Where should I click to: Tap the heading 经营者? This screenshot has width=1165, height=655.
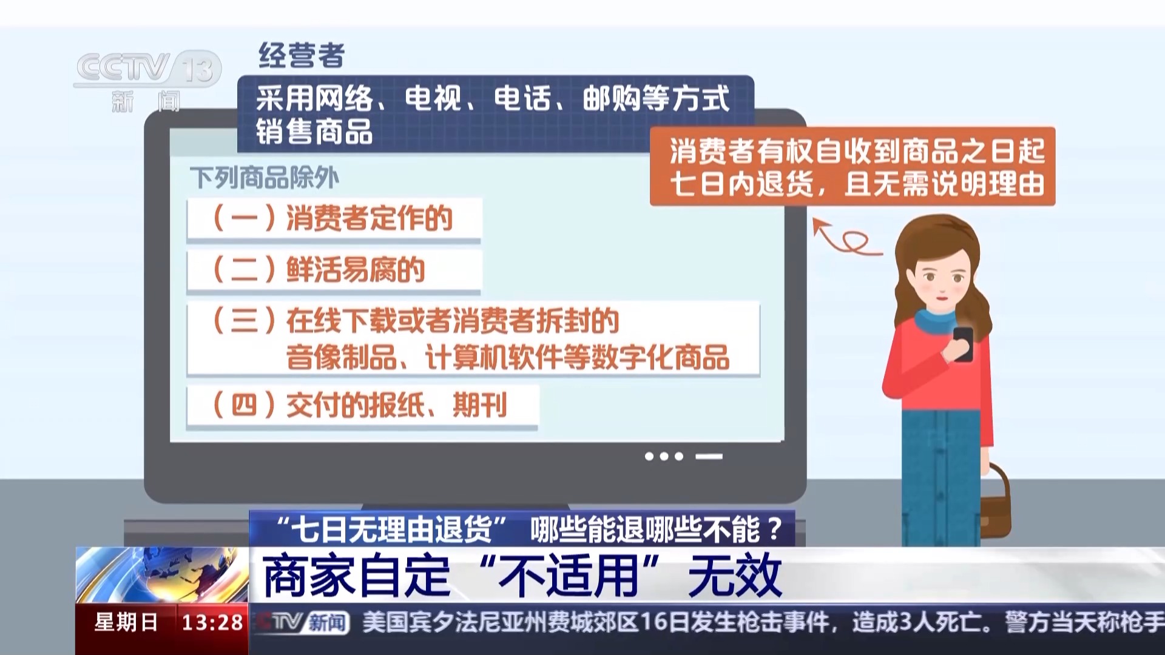tap(302, 55)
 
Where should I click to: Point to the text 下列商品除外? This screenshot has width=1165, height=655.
tap(265, 178)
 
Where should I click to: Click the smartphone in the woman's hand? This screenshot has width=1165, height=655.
tap(963, 343)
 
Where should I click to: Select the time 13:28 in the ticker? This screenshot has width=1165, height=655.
tap(212, 622)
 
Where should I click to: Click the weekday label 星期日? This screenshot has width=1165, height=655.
tap(126, 622)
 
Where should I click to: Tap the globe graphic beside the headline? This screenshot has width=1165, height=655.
tap(162, 575)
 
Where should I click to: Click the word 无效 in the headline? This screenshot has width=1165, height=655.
tap(735, 575)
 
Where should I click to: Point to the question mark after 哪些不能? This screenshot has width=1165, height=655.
tap(775, 529)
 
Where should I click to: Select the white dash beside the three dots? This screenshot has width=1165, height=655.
tap(709, 457)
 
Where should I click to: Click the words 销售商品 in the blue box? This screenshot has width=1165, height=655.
tap(314, 132)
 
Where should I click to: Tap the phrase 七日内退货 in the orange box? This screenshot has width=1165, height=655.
tap(741, 184)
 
